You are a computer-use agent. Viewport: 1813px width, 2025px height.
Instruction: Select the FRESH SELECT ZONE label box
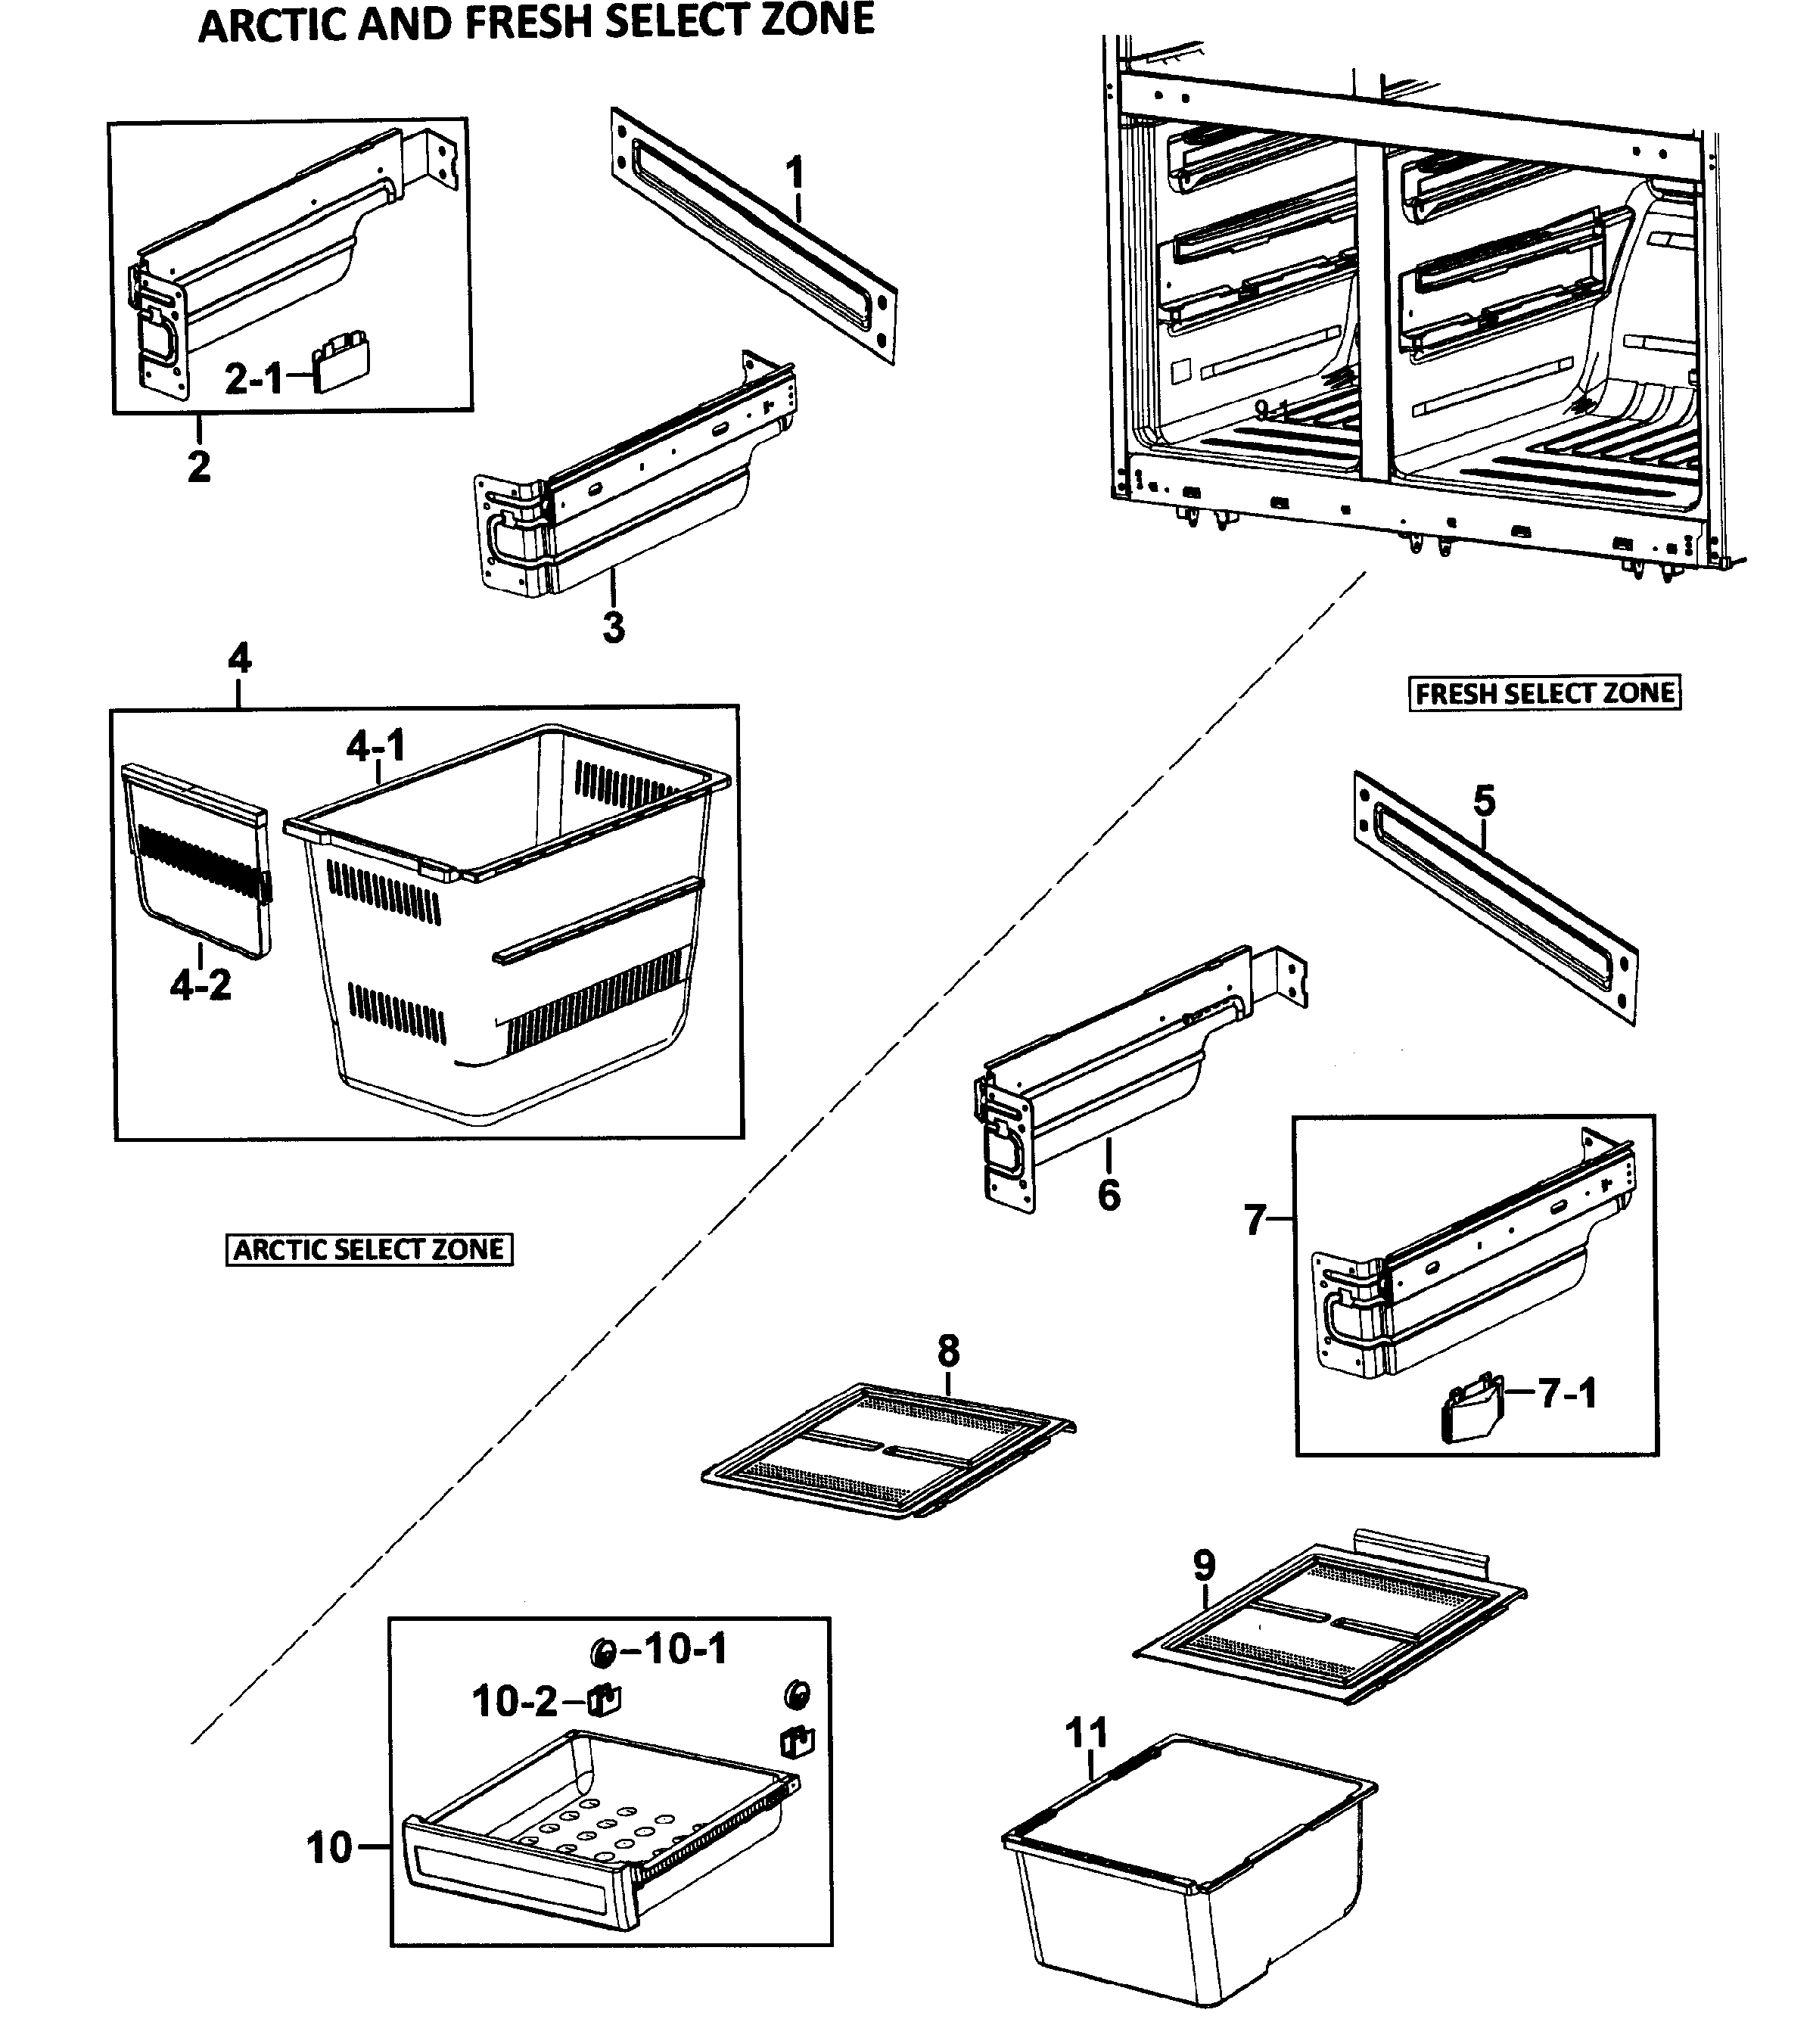tap(1544, 693)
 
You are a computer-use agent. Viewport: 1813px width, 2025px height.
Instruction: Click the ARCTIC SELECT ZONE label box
tap(369, 1249)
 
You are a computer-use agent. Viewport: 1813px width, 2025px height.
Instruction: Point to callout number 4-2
tap(201, 985)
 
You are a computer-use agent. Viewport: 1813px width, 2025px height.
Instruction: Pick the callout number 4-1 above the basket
tap(375, 745)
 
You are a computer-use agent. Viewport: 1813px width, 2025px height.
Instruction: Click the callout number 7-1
tap(1568, 1393)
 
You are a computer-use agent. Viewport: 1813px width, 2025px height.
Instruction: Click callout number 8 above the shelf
tap(948, 1352)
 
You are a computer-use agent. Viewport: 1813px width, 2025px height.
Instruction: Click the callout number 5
tap(1485, 800)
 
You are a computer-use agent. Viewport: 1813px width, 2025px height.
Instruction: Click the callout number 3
tap(614, 627)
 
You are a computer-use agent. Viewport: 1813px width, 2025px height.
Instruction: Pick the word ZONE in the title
tap(818, 22)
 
